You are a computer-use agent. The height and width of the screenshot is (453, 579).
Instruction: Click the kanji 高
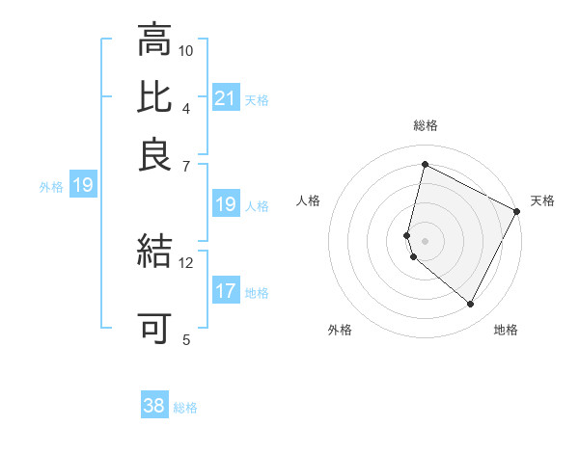(154, 41)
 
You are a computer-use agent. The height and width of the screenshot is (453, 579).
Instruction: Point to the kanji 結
(154, 251)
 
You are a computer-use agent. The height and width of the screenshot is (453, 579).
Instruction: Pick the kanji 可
(154, 329)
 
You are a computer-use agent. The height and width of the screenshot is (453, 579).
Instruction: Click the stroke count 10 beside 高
(186, 50)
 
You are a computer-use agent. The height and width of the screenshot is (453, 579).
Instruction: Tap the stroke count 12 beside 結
(186, 262)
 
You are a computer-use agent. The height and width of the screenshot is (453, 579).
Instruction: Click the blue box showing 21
(226, 98)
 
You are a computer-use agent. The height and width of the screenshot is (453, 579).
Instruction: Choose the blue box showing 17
(226, 292)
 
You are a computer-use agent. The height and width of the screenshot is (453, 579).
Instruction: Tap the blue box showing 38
(154, 406)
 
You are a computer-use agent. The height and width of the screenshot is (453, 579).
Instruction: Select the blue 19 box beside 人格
(226, 204)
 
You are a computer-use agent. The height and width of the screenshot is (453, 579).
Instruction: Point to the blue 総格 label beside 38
(185, 408)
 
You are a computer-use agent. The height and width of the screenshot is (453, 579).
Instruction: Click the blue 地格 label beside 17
(257, 293)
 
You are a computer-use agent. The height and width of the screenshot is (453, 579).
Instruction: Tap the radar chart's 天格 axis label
(542, 201)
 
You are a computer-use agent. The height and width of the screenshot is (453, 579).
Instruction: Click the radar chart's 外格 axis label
(340, 331)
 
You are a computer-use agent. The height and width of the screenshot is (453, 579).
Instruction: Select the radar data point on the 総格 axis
(425, 164)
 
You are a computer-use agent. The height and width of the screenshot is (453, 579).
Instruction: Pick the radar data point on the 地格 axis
(470, 305)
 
